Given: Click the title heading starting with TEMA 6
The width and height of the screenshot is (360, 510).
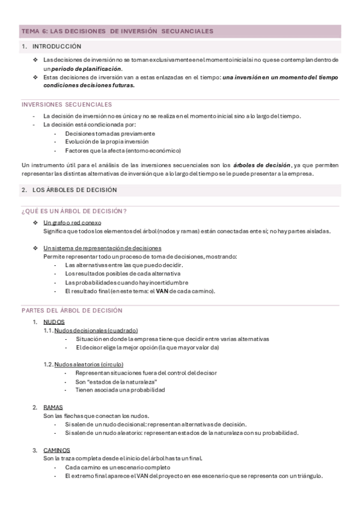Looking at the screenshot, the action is tap(117, 31).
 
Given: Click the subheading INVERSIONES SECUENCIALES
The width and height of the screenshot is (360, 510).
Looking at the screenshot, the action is tap(66, 104).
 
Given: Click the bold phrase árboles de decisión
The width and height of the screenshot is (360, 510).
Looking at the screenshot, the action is tap(262, 165).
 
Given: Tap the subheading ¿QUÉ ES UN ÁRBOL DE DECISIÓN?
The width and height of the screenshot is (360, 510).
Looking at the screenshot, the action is tap(74, 211).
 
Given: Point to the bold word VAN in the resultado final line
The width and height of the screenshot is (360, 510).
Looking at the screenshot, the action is tap(162, 291).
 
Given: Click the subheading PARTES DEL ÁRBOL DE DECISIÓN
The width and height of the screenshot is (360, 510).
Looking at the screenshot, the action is tap(72, 310).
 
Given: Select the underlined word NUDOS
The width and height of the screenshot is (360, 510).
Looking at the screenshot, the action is tap(54, 322).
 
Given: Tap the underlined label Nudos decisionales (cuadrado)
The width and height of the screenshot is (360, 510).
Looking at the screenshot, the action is tap(96, 330).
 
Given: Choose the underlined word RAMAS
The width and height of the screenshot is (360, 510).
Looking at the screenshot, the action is tap(53, 407).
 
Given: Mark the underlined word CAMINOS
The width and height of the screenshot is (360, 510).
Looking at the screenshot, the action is tap(56, 450).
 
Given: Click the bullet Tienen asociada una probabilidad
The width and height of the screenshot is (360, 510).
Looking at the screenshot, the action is tap(120, 390).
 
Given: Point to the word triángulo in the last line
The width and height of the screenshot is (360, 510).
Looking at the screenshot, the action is tap(308, 476).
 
